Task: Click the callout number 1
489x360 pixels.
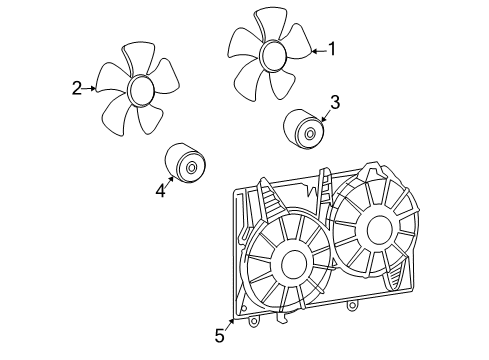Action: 333,48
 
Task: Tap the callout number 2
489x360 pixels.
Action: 76,88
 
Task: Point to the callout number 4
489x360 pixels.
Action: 159,190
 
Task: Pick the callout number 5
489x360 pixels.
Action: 219,336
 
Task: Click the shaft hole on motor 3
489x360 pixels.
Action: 310,132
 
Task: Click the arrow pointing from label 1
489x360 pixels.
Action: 317,49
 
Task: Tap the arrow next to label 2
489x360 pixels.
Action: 91,88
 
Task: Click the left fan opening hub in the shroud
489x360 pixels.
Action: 293,264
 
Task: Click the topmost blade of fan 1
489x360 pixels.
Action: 267,22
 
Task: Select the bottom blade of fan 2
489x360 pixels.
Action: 150,121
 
